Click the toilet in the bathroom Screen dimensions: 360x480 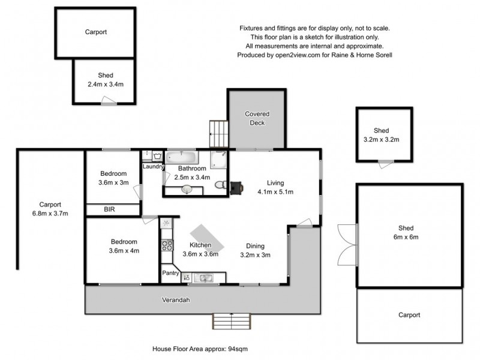220,185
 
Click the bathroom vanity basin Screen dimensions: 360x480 187,190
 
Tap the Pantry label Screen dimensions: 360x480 170,272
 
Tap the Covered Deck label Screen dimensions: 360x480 257,118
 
